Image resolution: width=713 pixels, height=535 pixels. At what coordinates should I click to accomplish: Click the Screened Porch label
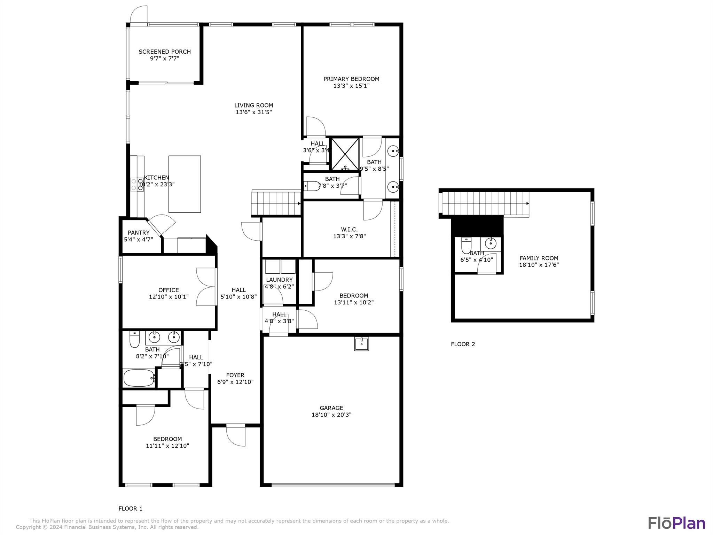coord(165,52)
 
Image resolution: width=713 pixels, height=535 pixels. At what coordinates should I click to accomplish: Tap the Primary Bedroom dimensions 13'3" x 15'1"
coord(351,86)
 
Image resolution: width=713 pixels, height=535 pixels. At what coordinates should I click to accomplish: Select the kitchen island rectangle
coord(185,184)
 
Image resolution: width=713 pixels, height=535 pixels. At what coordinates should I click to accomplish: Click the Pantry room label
coord(138,233)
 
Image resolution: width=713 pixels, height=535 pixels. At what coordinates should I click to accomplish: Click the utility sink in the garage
coord(361,344)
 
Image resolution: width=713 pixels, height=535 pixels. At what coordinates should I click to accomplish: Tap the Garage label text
coord(331,408)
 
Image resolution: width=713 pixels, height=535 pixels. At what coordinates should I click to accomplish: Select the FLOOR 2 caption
coord(463,344)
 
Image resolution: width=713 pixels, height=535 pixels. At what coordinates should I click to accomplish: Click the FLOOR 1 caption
coord(131,509)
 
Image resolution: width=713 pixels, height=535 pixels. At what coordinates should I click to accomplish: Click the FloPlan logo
coord(676,523)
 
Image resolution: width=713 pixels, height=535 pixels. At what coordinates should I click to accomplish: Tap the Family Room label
coord(539,258)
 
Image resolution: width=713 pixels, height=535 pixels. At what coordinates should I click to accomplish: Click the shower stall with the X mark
coord(345,154)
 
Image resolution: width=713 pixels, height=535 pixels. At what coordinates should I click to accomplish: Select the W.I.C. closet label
coord(349,230)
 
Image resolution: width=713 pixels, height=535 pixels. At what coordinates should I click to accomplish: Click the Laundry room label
coord(279,280)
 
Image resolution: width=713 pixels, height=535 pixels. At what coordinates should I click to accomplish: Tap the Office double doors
coord(206,287)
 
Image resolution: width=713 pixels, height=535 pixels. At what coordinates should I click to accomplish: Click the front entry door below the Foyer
coord(236,435)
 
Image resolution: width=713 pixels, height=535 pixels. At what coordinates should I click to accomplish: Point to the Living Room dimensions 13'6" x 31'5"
coord(253,112)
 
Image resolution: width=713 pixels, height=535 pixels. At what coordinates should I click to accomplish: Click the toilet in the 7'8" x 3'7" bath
coord(312,186)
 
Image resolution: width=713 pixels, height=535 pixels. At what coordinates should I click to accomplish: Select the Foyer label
coord(235,375)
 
